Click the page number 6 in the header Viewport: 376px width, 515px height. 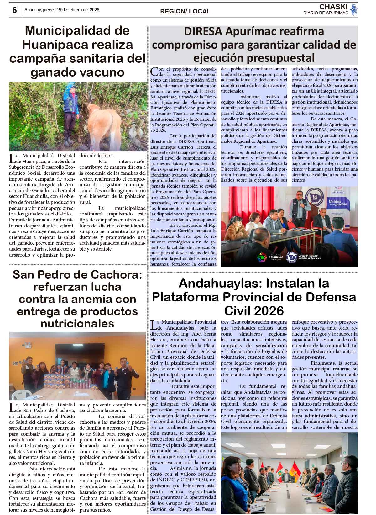pyautogui.click(x=14, y=10)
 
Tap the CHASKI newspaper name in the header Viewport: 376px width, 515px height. pyautogui.click(x=333, y=7)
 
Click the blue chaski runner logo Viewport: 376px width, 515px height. pyautogui.click(x=354, y=10)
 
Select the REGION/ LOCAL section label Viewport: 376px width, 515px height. pyautogui.click(x=185, y=11)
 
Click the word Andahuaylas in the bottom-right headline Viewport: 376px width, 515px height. pyautogui.click(x=217, y=283)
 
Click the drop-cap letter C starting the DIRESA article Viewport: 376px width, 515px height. pyautogui.click(x=154, y=72)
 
